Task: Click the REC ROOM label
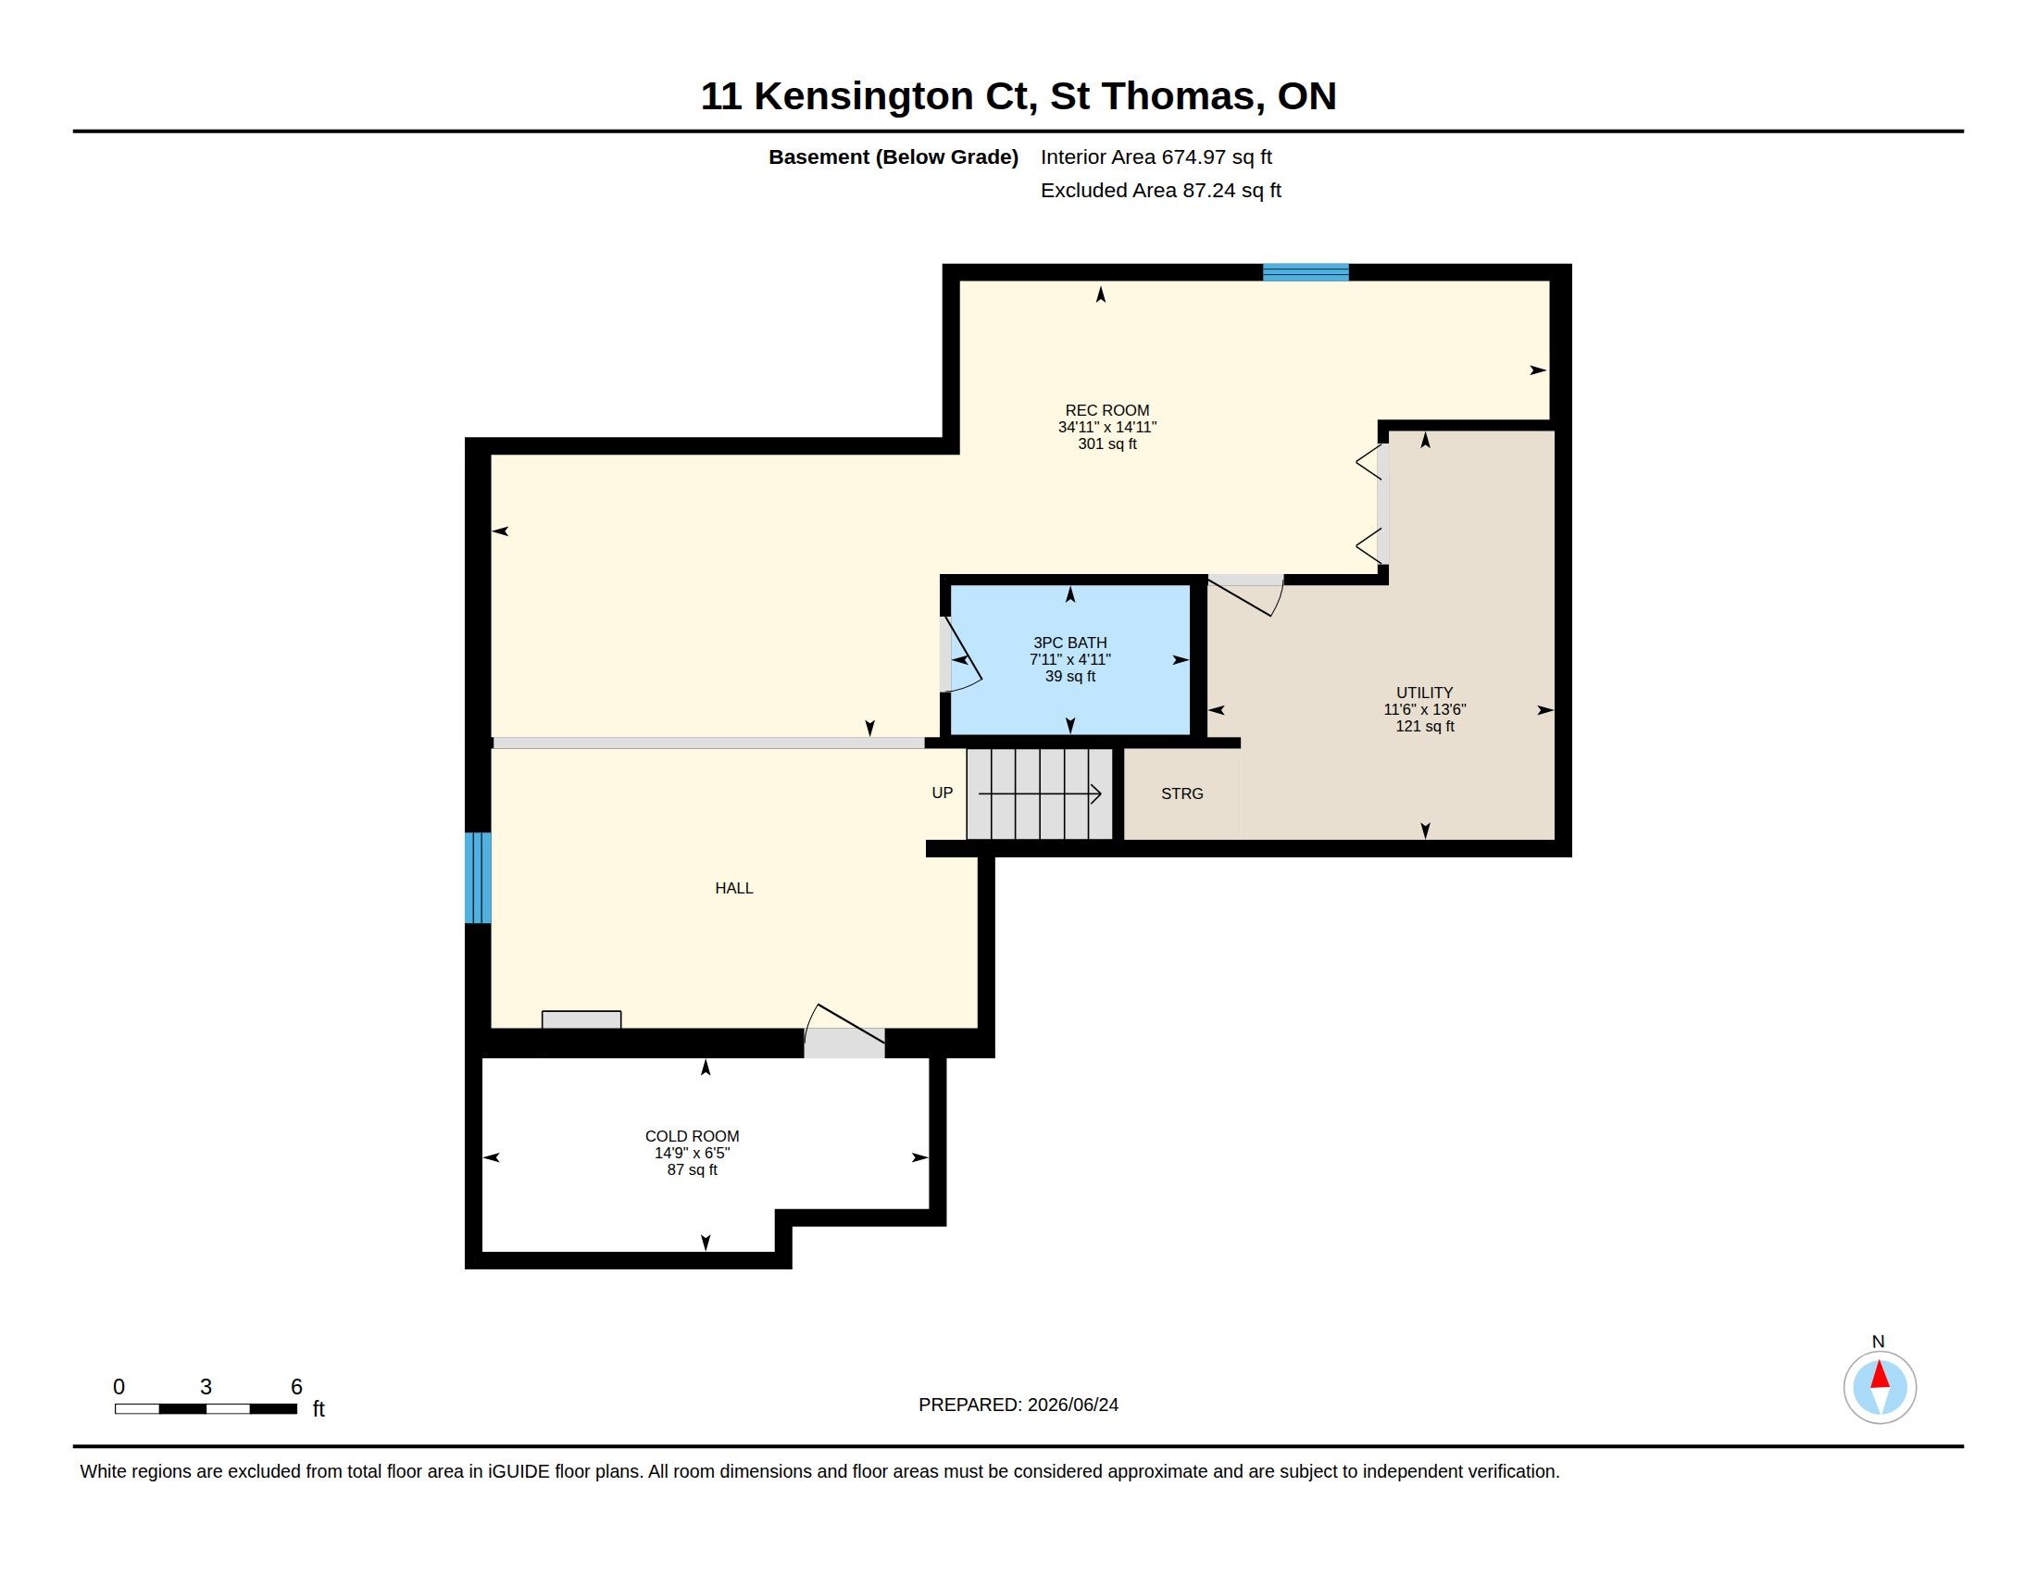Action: (x=1107, y=410)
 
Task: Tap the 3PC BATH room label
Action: (x=1069, y=643)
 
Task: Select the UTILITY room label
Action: (x=1424, y=693)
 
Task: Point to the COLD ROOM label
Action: (x=692, y=1136)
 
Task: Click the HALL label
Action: (x=734, y=888)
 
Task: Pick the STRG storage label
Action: (x=1181, y=793)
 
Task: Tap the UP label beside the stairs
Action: (x=942, y=793)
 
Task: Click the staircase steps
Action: (x=1040, y=793)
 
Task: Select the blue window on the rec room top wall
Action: (x=1306, y=272)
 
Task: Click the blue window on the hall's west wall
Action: (x=479, y=878)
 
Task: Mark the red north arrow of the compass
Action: (x=1880, y=1374)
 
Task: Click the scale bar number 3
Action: (x=206, y=1387)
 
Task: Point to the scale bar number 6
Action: (x=296, y=1387)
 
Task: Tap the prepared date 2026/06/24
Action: (x=1072, y=1405)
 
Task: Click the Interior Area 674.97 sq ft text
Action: (x=1156, y=156)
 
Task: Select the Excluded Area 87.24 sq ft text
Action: (x=1160, y=190)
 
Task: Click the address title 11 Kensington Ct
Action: (x=865, y=96)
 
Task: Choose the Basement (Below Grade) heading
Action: (x=893, y=156)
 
